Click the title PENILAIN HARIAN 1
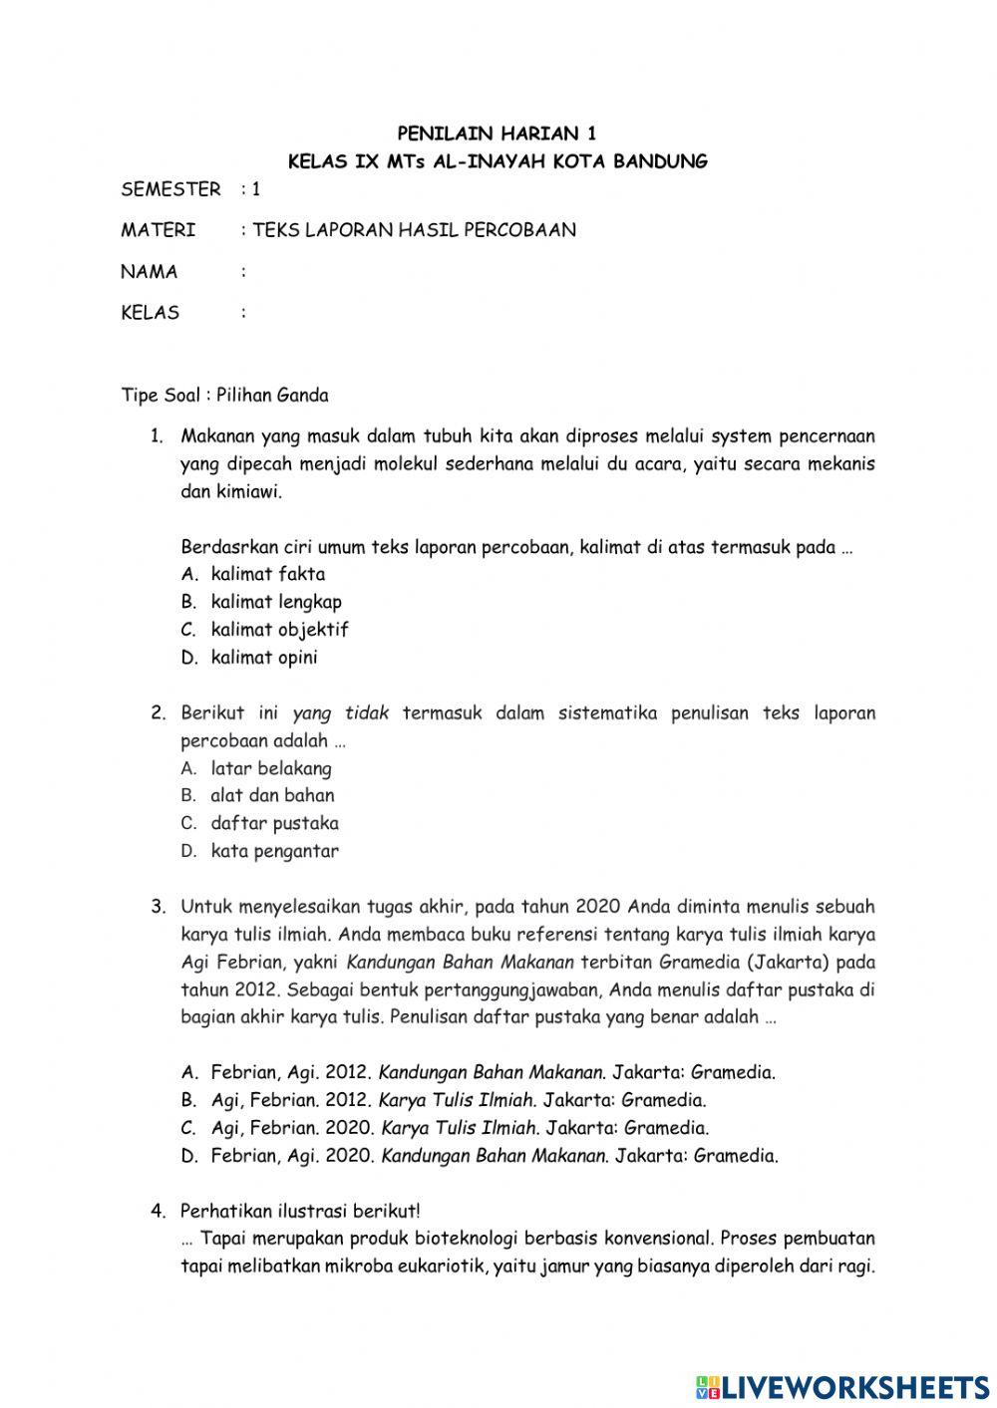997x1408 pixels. pyautogui.click(x=498, y=133)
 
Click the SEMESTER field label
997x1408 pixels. pyautogui.click(x=170, y=188)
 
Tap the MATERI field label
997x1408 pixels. pyautogui.click(x=158, y=230)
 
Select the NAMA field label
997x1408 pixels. pyautogui.click(x=150, y=271)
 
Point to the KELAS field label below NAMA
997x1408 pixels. pyautogui.click(x=151, y=313)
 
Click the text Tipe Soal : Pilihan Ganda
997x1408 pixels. pyautogui.click(x=224, y=395)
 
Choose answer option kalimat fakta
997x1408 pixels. pyautogui.click(x=267, y=574)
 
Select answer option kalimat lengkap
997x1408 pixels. pyautogui.click(x=275, y=602)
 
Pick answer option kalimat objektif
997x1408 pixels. pyautogui.click(x=279, y=630)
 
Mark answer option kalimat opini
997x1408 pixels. pyautogui.click(x=264, y=658)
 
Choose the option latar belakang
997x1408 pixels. pyautogui.click(x=271, y=768)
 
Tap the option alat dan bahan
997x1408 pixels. pyautogui.click(x=272, y=795)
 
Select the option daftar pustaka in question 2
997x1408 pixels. pyautogui.click(x=274, y=823)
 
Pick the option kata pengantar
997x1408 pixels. pyautogui.click(x=274, y=851)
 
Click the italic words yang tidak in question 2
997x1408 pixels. pyautogui.click(x=340, y=713)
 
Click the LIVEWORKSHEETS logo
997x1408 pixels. pyautogui.click(x=842, y=1386)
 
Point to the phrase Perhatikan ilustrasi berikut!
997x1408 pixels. pyautogui.click(x=300, y=1212)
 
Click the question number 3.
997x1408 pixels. pyautogui.click(x=158, y=907)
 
